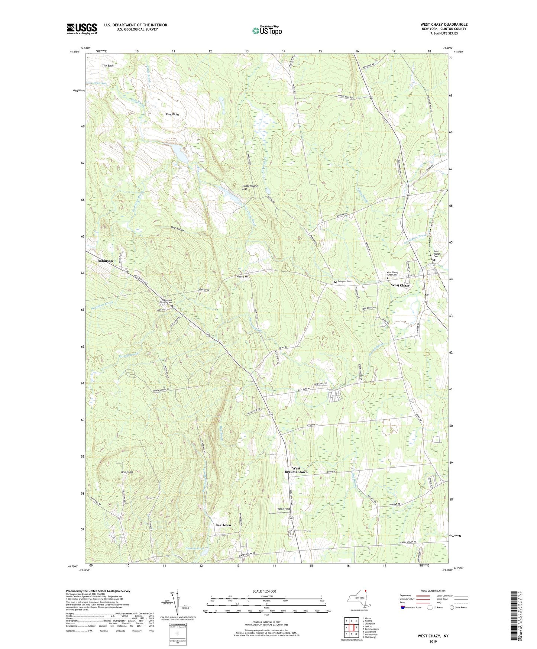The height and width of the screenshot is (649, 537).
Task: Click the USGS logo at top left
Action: (x=82, y=28)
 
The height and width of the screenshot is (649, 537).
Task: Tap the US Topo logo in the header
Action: (x=266, y=31)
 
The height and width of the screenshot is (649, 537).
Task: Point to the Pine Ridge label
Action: (x=172, y=114)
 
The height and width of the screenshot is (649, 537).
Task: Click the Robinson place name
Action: (x=105, y=261)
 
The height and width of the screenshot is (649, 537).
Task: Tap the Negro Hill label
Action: (x=243, y=277)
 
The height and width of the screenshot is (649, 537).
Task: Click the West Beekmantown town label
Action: (x=296, y=470)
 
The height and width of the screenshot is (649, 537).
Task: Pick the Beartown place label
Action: (x=223, y=525)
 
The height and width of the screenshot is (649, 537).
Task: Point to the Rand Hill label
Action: (x=127, y=472)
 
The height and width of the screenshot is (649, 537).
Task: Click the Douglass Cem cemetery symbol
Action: (x=335, y=282)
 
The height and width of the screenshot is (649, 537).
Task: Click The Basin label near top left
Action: (x=108, y=66)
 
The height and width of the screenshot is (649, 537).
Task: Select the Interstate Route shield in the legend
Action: (x=403, y=608)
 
